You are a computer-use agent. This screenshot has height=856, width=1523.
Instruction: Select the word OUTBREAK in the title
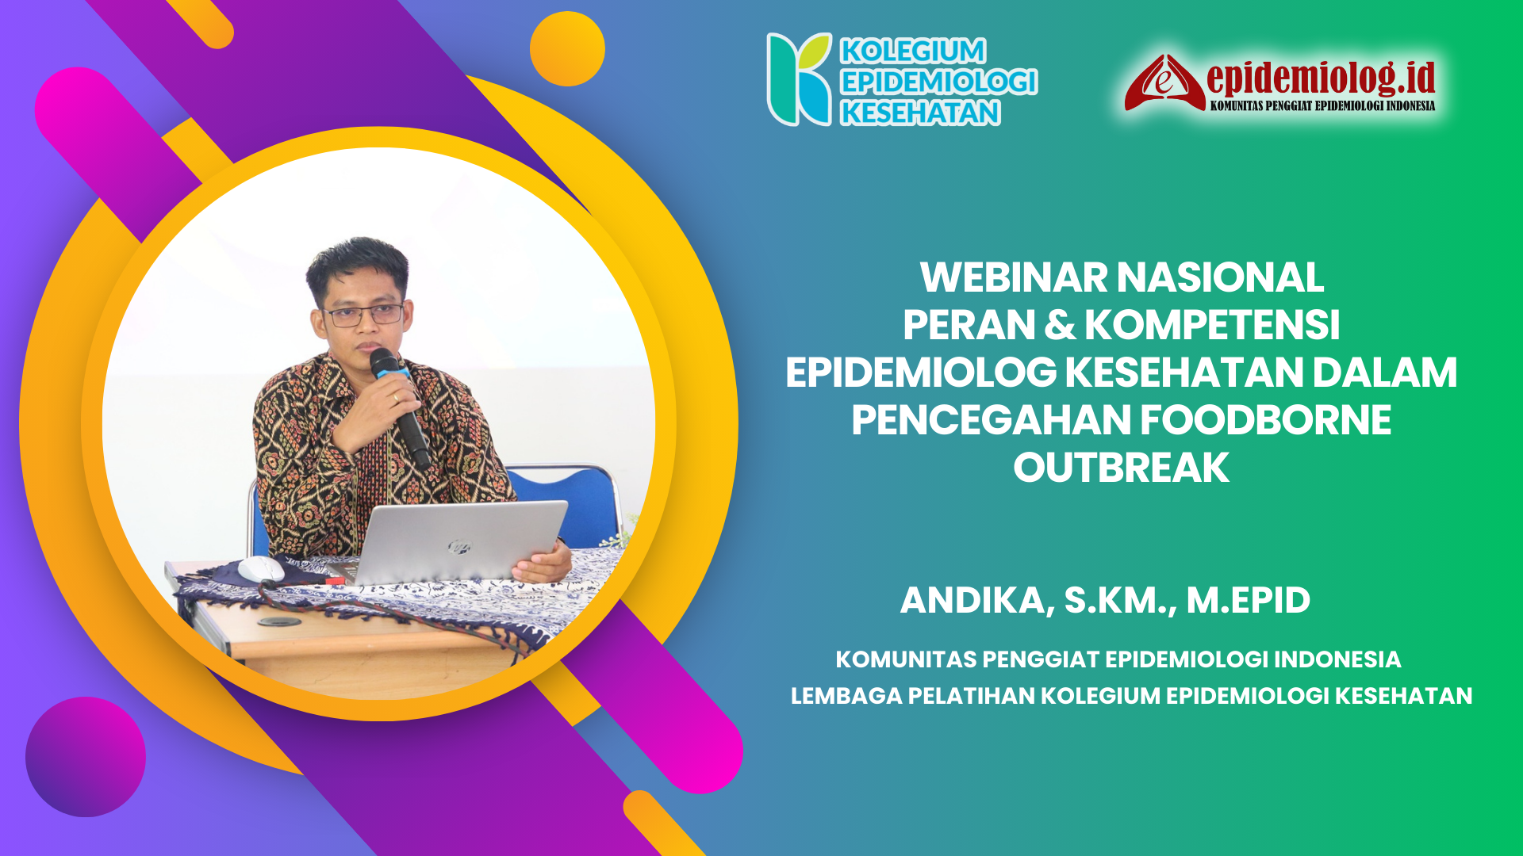[1121, 468]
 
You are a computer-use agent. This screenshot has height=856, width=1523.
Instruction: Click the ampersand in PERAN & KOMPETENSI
[1060, 326]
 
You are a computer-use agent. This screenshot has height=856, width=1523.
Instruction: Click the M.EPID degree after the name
[1248, 600]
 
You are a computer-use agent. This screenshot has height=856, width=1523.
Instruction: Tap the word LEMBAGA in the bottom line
[846, 696]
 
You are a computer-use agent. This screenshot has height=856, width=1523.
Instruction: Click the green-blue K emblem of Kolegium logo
[798, 79]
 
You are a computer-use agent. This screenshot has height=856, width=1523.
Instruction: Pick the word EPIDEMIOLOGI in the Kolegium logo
[939, 82]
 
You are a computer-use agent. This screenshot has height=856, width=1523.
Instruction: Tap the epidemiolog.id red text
[1321, 77]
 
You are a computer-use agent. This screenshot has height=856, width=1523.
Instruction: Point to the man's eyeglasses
[364, 315]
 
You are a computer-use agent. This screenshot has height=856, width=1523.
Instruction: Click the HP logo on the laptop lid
[458, 546]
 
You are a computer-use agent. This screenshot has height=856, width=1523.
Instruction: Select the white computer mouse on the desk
[261, 567]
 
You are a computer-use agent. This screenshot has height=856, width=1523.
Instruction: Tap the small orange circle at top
[567, 48]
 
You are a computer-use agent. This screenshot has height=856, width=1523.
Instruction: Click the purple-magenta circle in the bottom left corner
[86, 756]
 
